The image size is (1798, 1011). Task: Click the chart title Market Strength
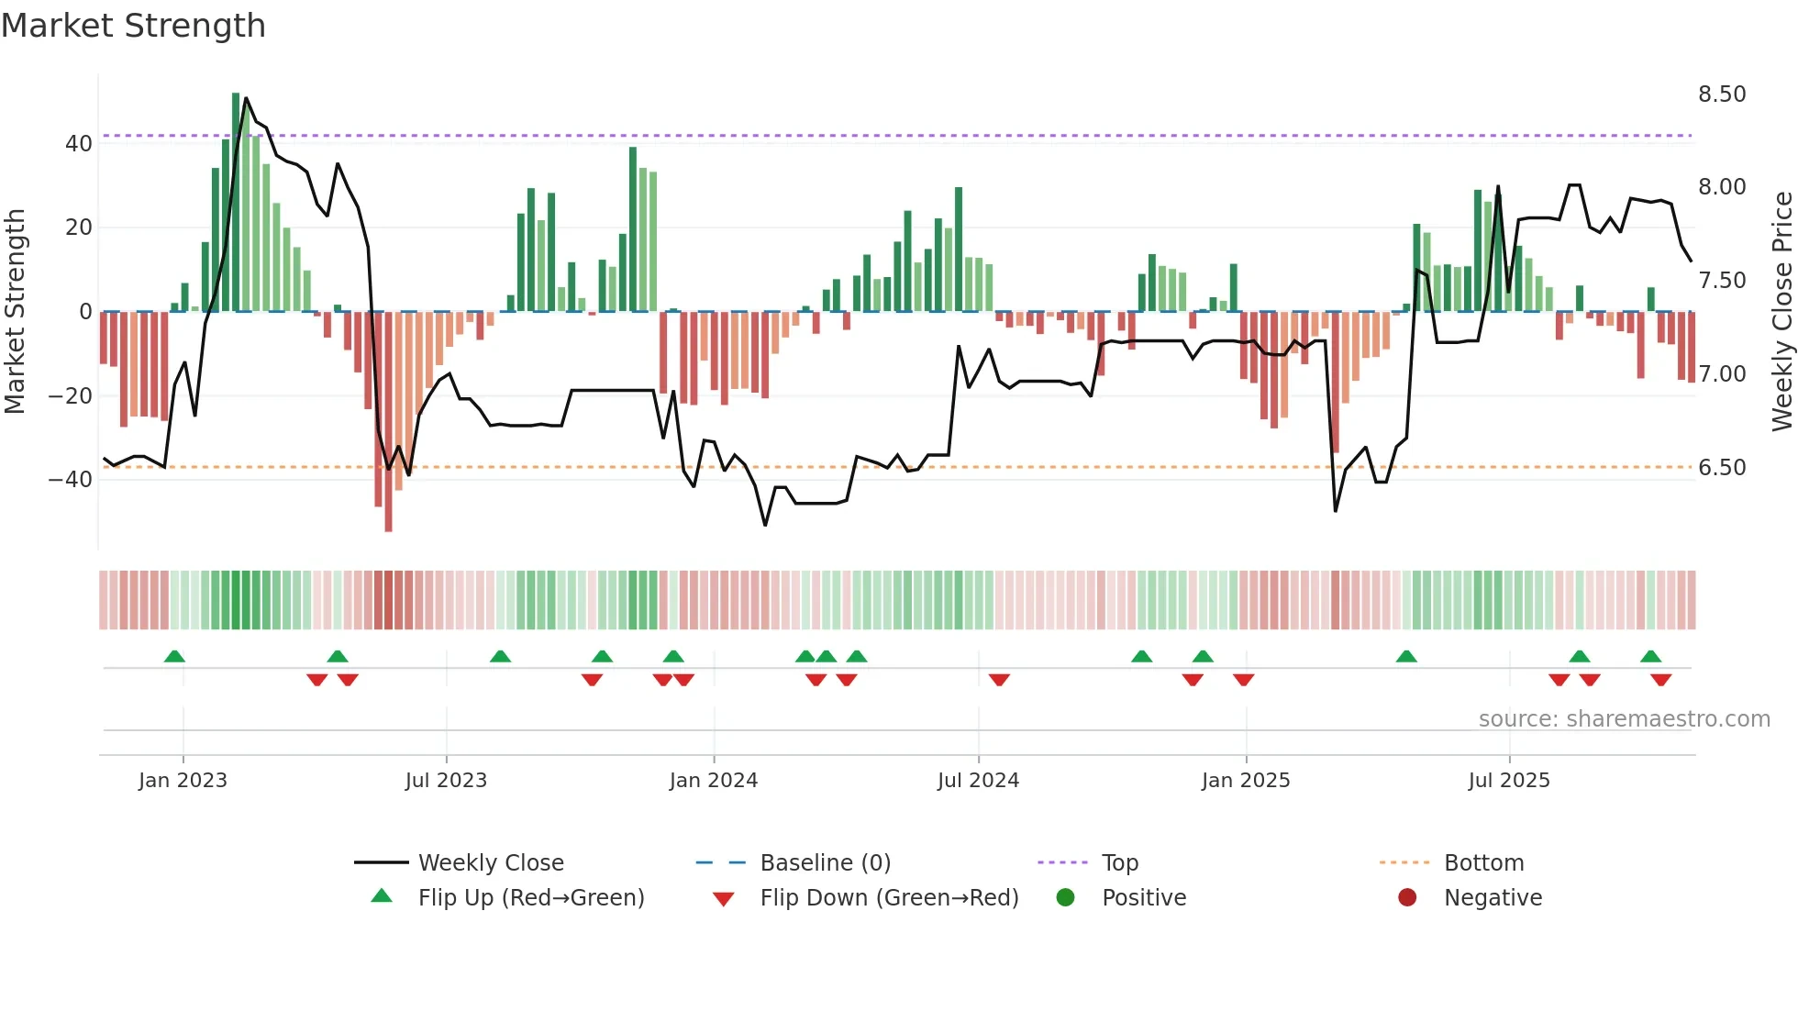133,26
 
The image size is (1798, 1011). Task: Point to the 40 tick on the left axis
78,144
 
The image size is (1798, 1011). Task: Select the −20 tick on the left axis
70,396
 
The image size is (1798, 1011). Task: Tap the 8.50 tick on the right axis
1722,94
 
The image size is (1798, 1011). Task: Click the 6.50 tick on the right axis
1722,468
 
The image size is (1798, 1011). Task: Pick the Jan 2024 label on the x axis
713,781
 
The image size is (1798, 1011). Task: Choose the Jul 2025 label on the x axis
1508,781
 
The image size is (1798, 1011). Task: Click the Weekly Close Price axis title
1781,312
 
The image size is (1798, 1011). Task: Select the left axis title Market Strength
15,312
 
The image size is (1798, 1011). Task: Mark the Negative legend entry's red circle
1406,897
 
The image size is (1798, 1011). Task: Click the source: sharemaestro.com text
1624,719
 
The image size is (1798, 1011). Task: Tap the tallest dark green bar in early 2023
236,202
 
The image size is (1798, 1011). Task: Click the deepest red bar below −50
388,422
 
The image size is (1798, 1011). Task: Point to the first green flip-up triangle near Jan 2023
174,656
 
